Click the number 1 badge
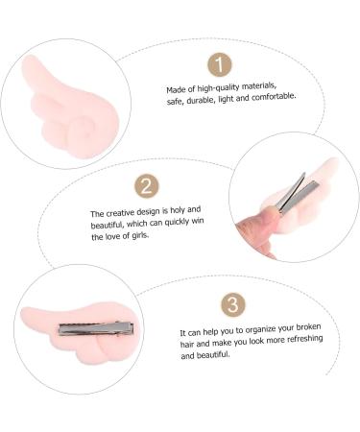click(x=219, y=65)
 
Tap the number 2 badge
click(x=147, y=185)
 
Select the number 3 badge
click(x=233, y=305)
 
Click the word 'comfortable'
click(x=274, y=96)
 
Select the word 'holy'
click(x=177, y=210)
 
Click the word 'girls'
click(x=140, y=235)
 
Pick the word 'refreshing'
click(x=304, y=339)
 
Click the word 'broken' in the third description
click(x=308, y=327)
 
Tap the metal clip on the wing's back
click(x=96, y=328)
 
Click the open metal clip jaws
click(x=296, y=194)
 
